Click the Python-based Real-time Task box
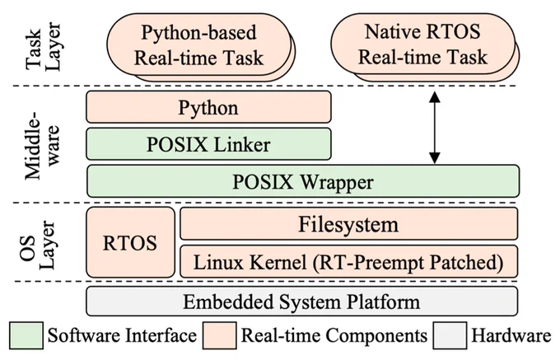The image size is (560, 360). [199, 44]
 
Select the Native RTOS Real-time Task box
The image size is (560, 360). [422, 44]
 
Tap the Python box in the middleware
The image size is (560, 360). [208, 107]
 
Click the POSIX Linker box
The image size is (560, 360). [208, 144]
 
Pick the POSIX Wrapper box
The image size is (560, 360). [303, 181]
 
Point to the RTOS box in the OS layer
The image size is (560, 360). [130, 242]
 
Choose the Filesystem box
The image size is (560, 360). [348, 223]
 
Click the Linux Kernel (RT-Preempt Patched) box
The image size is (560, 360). [348, 262]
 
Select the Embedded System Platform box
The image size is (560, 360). [301, 302]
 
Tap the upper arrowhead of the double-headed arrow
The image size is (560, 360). [434, 96]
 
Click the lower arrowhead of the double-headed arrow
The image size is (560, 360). [434, 159]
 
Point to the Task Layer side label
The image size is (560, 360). [43, 46]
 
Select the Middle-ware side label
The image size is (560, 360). [42, 145]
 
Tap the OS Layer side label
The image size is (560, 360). [38, 245]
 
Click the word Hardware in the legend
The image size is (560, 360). [511, 336]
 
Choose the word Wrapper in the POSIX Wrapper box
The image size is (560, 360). [337, 182]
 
